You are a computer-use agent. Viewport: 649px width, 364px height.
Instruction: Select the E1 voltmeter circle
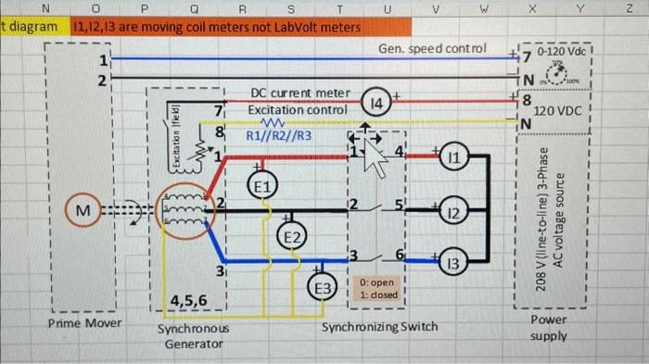pyautogui.click(x=262, y=186)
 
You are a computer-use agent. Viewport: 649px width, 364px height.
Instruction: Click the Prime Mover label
pyautogui.click(x=83, y=324)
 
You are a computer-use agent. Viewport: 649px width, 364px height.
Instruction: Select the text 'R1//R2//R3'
pyautogui.click(x=279, y=136)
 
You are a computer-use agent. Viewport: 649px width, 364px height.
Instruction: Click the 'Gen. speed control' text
pyautogui.click(x=431, y=47)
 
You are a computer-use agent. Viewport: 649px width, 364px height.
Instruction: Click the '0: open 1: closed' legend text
pyautogui.click(x=376, y=288)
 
